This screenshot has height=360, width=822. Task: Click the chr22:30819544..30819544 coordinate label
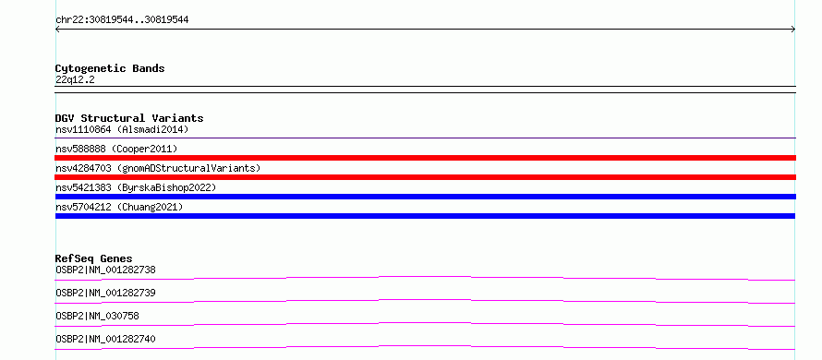[122, 20]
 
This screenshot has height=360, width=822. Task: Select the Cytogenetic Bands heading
[110, 68]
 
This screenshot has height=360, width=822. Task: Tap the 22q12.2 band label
[75, 80]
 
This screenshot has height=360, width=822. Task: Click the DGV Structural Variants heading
[129, 118]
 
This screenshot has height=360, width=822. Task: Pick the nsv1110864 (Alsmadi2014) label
[122, 129]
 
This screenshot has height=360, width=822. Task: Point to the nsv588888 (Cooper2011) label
[117, 150]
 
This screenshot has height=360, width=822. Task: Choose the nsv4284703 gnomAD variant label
[158, 169]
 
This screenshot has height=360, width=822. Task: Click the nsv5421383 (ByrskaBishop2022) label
[136, 187]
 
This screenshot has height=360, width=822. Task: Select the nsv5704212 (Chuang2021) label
[119, 208]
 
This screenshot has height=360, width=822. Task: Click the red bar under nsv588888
[425, 158]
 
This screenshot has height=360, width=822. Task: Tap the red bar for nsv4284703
[425, 177]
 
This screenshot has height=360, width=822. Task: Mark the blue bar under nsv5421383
[425, 197]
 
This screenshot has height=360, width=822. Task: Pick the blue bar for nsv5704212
[425, 216]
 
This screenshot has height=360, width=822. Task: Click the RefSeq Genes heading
[94, 258]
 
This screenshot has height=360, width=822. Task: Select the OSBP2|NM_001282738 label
[106, 270]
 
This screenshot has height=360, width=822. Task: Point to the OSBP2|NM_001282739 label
[106, 293]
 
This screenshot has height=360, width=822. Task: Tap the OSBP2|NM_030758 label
[98, 316]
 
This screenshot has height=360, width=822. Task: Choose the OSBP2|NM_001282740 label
[106, 340]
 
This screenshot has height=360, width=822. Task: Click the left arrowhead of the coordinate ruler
[56, 30]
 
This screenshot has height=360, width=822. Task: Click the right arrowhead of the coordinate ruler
[794, 30]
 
